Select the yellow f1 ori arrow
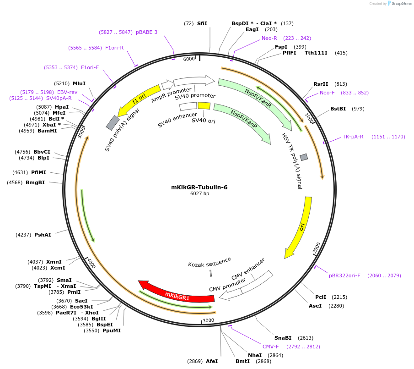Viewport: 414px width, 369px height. tap(138, 99)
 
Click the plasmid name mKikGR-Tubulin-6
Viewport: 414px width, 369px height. tap(199, 187)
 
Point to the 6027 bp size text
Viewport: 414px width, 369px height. tap(199, 194)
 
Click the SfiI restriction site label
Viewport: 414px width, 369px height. tap(202, 23)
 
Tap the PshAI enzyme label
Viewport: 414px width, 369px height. tap(43, 235)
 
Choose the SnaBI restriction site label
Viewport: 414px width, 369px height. tap(283, 338)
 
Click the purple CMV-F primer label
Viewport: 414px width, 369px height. tap(270, 347)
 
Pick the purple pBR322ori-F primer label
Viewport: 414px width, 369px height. tap(344, 275)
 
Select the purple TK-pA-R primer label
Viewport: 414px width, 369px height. tap(353, 137)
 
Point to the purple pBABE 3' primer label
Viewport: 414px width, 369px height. tap(147, 32)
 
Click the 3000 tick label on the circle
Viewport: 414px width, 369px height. tap(208, 320)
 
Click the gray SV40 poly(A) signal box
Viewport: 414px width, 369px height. tap(113, 122)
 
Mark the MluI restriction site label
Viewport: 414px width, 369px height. tap(79, 83)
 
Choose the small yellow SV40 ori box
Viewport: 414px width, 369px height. tap(204, 106)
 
